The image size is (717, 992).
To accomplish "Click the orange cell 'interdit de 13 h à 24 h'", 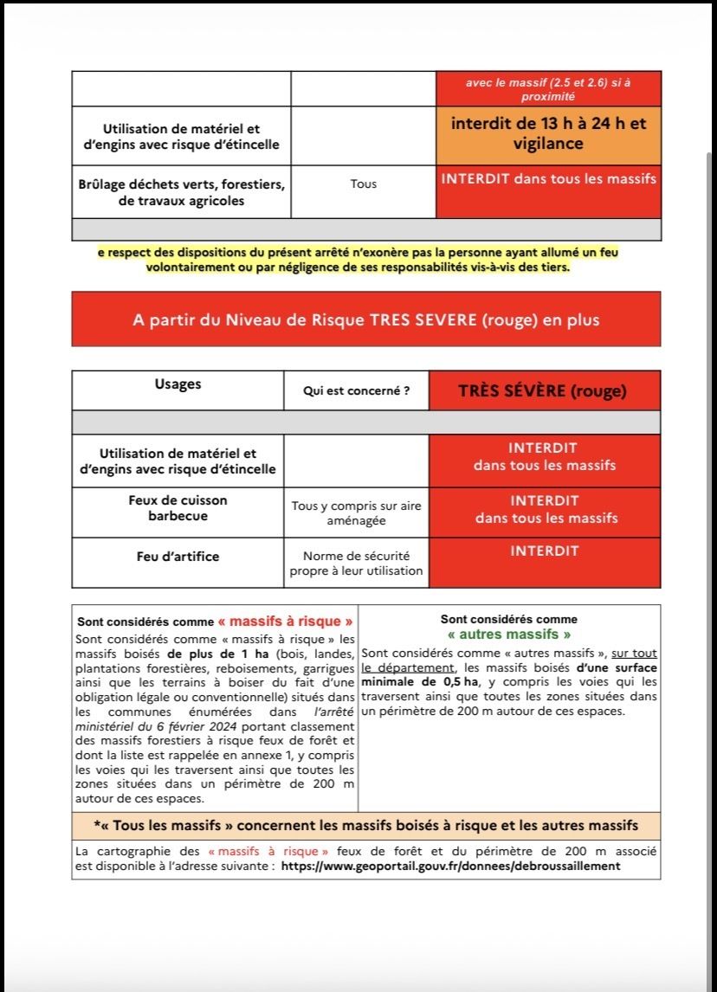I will point(548,134).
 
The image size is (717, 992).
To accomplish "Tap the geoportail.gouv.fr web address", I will point(450,866).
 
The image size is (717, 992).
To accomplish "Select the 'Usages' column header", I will point(178,383).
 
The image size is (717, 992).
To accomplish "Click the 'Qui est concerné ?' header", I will point(356,391).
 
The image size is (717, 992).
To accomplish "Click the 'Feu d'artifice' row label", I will point(178,557).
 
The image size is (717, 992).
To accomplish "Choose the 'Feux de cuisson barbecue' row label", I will point(178,508).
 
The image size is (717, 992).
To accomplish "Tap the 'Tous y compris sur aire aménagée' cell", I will point(356,513).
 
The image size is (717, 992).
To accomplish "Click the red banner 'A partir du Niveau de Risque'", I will point(365,319).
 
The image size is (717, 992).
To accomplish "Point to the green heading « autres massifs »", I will point(508,634).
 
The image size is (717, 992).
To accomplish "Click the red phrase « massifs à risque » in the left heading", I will point(285,622).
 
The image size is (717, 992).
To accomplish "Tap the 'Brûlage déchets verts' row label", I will point(181,192).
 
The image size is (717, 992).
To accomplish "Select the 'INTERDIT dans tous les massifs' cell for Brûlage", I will point(548,179).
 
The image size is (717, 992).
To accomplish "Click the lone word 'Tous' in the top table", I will point(363,184).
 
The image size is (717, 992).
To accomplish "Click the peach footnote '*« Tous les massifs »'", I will point(365,825).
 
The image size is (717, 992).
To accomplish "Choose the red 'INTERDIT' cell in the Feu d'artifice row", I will point(545,551).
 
